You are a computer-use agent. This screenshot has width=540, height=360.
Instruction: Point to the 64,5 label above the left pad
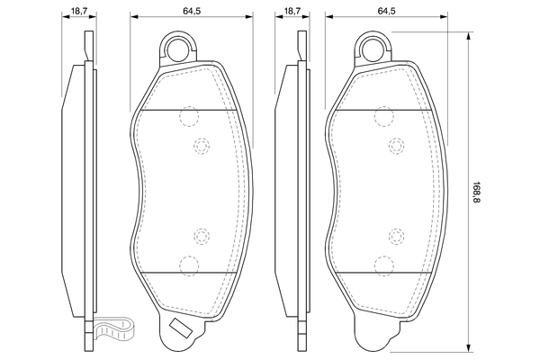coord(192,10)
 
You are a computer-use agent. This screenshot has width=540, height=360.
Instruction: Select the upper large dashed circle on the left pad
coord(188,116)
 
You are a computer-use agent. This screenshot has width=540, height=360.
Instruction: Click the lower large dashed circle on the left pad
coord(188,265)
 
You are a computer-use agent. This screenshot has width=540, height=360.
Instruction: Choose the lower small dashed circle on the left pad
coord(201,237)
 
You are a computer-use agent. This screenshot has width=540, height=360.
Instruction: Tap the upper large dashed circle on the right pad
coord(384,116)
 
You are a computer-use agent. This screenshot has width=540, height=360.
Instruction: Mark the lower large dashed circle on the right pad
coord(384,265)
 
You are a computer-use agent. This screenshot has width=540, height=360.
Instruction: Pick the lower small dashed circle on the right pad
coord(396,237)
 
